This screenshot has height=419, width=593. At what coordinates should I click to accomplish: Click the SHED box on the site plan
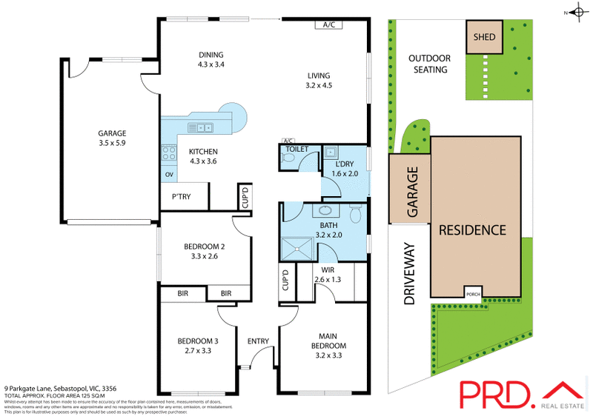[x=484, y=36]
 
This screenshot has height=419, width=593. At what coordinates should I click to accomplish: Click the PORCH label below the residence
[x=472, y=293]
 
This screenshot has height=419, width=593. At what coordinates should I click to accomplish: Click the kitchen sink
[x=200, y=127]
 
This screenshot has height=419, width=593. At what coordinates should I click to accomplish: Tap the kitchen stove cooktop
[x=168, y=155]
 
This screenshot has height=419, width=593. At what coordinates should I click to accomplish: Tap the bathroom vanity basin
[x=325, y=210]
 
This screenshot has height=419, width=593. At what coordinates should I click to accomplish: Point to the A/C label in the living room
[x=328, y=24]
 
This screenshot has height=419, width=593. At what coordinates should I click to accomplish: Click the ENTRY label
[x=259, y=341]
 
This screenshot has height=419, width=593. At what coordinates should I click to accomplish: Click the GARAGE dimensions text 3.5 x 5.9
[x=112, y=143]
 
